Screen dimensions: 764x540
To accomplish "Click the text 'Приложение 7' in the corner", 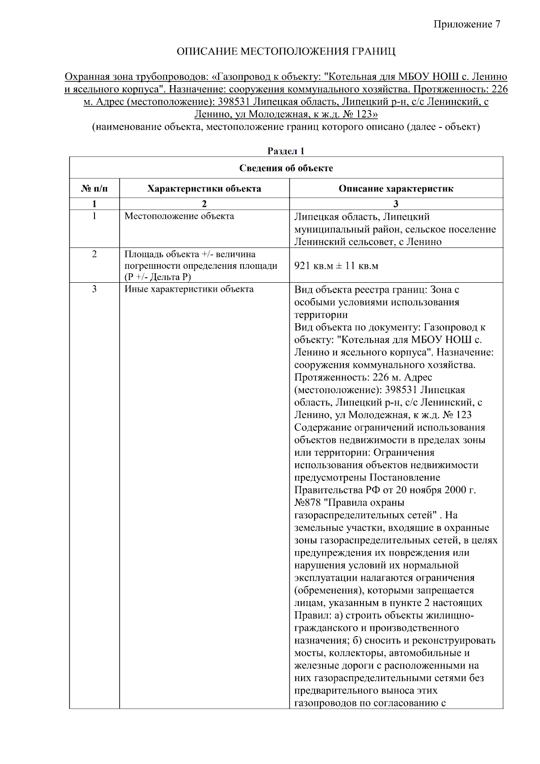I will pos(467,24).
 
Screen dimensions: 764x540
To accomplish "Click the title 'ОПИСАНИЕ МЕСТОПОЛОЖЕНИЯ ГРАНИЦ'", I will pos(286,51).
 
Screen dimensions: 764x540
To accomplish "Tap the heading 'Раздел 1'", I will pos(286,151).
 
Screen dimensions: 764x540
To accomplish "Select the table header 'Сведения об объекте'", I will pos(286,168).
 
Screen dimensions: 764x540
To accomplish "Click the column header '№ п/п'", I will pos(94,189).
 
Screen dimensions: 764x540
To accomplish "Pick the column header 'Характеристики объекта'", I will pos(204,189).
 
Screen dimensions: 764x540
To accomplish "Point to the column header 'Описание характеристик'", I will pos(396,189).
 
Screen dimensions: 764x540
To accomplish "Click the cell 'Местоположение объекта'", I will pos(179,216).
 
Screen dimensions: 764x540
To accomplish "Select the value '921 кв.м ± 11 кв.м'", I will pos(336,266).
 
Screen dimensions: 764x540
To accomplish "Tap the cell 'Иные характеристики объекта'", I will pos(189,289).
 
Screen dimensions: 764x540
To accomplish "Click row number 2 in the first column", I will pos(94,254).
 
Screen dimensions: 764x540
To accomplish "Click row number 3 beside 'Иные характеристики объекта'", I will pos(94,289).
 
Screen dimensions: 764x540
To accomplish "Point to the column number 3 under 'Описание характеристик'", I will pos(396,204).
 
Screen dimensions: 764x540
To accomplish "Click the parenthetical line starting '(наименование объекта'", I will pos(286,127).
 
